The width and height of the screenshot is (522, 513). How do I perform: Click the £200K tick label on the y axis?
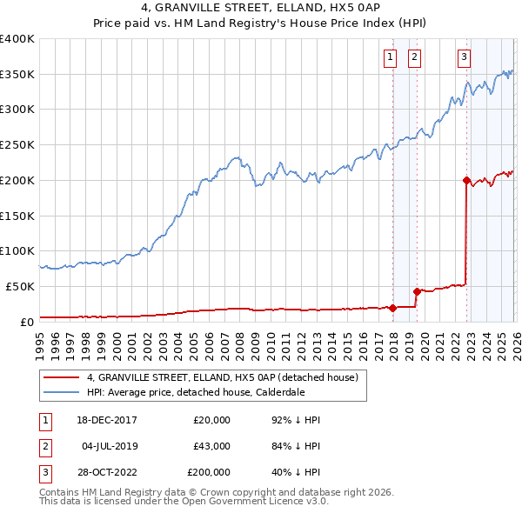[17, 180]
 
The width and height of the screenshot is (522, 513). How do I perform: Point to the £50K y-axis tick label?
[19, 286]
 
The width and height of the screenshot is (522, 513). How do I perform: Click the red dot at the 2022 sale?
[466, 181]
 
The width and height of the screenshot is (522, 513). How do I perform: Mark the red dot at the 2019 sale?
[417, 291]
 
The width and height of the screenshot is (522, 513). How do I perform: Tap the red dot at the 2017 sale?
[392, 307]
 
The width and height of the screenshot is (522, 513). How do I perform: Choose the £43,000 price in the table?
[211, 445]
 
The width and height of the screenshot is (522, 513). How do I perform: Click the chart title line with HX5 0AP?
[260, 9]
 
